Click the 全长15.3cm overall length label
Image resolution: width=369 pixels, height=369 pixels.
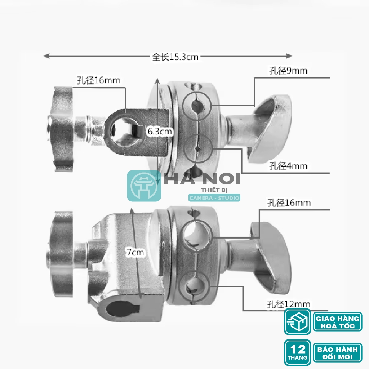tap(175, 57)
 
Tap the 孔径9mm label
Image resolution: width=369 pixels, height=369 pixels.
tap(288, 70)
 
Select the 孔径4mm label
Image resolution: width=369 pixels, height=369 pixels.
tap(288, 166)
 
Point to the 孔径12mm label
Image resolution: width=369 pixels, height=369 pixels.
tap(288, 304)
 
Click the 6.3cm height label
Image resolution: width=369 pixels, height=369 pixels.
tap(160, 131)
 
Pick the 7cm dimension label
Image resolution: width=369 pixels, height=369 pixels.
tap(135, 253)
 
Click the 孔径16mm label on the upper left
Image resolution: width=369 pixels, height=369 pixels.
tap(98, 80)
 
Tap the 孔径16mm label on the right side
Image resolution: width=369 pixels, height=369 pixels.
tap(289, 203)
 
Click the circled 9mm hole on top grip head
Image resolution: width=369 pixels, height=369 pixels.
tap(197, 106)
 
